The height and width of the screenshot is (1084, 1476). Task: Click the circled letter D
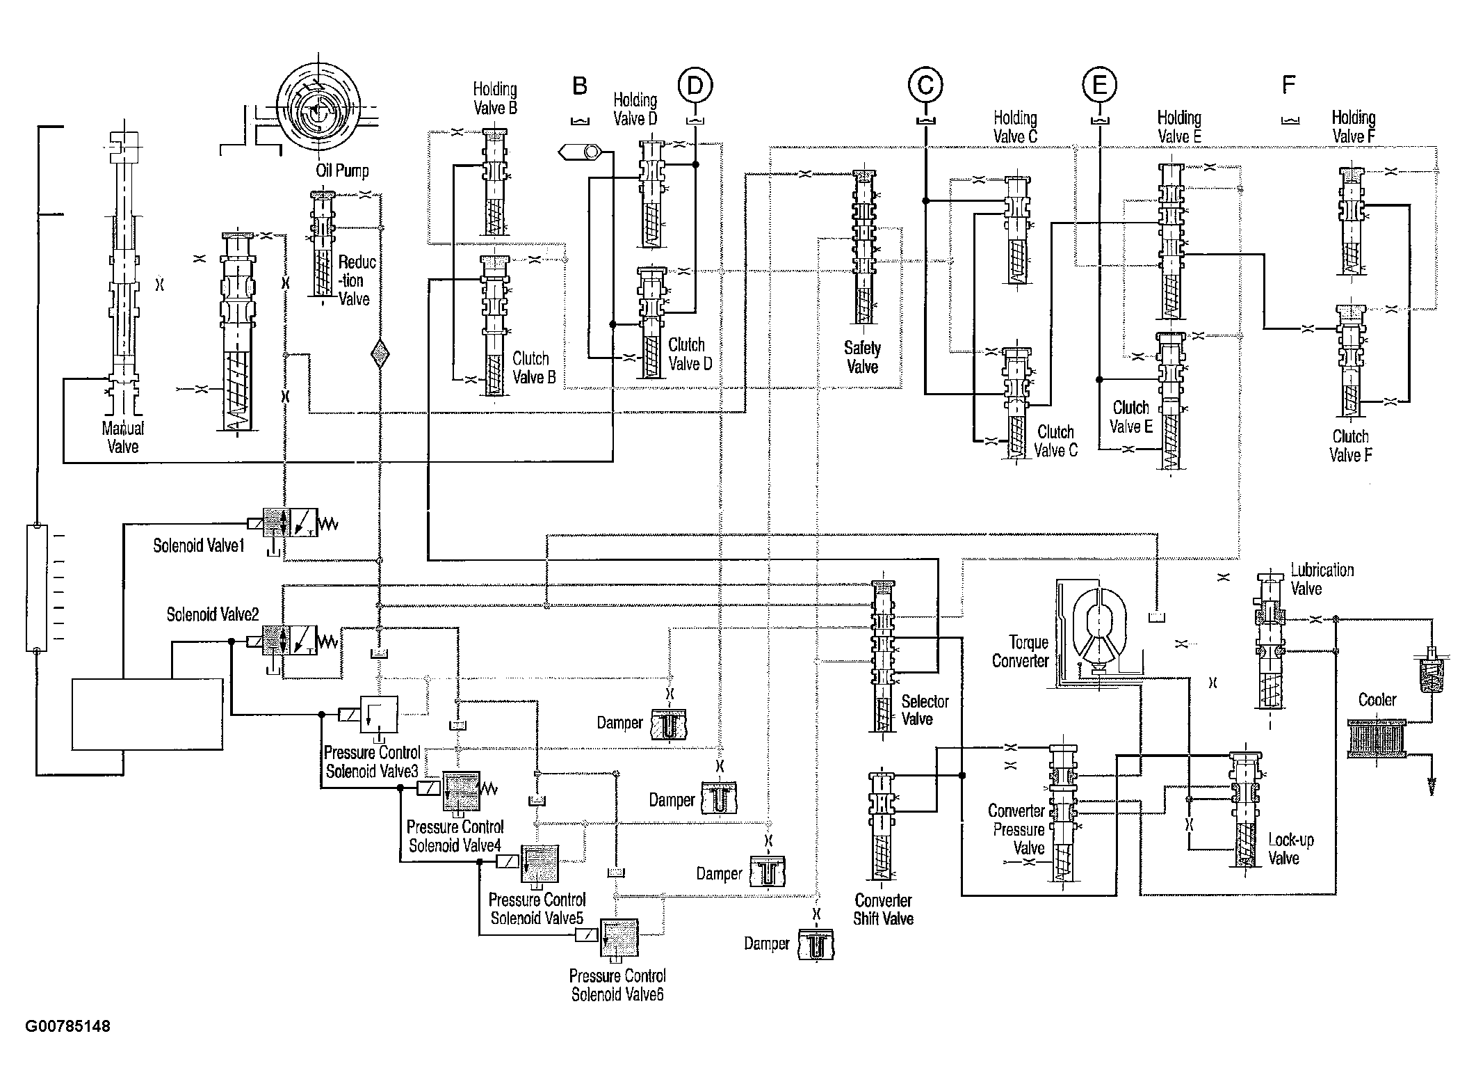[695, 86]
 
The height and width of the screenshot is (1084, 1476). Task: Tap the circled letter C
[925, 85]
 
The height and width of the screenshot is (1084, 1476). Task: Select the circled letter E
[1099, 85]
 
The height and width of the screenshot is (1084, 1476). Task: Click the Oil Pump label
[342, 170]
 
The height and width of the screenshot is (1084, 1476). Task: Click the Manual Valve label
[123, 438]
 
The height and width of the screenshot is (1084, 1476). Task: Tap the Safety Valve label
[862, 358]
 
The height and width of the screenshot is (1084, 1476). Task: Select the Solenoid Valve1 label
[199, 545]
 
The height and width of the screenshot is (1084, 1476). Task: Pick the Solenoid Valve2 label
[213, 615]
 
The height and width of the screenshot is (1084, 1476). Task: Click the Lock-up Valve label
[1291, 849]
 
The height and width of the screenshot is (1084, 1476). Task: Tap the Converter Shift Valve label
[883, 909]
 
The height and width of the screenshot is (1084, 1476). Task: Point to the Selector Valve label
[925, 710]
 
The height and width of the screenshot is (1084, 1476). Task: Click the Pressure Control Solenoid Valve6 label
[617, 985]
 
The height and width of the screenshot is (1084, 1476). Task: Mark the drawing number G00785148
[67, 1026]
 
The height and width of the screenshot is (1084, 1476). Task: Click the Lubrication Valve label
[1322, 579]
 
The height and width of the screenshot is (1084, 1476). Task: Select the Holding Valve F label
[1353, 127]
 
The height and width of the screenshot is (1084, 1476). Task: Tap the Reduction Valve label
[357, 280]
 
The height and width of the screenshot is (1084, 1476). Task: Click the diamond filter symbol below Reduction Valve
[379, 353]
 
